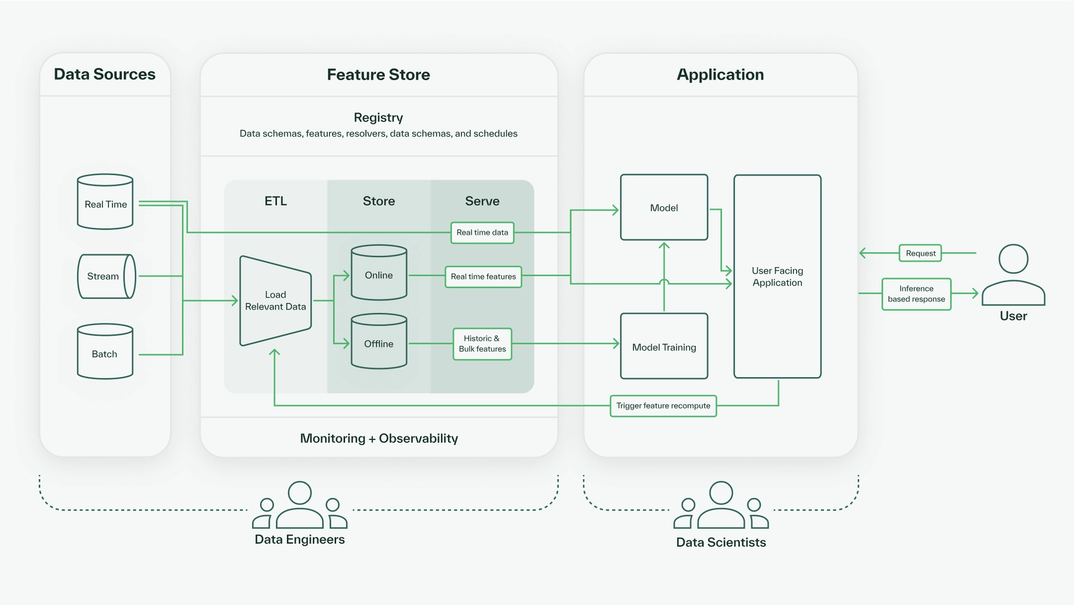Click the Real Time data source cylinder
(x=105, y=202)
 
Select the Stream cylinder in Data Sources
(x=106, y=276)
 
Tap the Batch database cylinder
(x=105, y=352)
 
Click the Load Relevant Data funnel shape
(x=275, y=301)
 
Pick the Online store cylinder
(x=379, y=273)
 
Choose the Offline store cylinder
(x=379, y=341)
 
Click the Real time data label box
(x=482, y=232)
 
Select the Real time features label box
(x=483, y=276)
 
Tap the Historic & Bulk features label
(x=482, y=344)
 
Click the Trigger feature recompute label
(x=663, y=406)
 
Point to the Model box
(x=664, y=208)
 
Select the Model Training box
(x=664, y=346)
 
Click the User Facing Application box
(x=777, y=276)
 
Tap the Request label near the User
(x=920, y=253)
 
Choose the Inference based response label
(x=916, y=294)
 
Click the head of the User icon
(x=1013, y=259)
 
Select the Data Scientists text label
(x=720, y=542)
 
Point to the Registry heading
(x=378, y=118)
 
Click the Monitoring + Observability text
(x=379, y=438)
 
